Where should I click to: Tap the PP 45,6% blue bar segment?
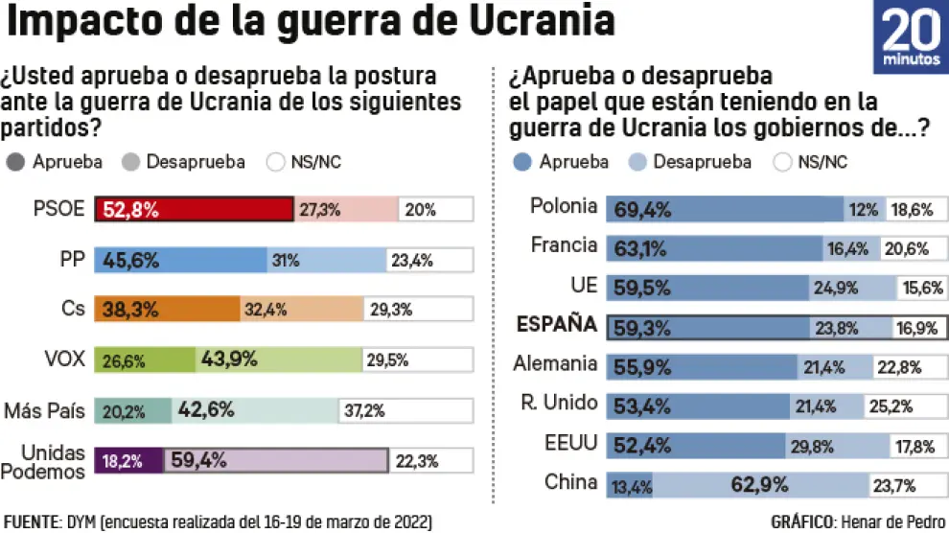180,260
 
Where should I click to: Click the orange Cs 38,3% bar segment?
167,310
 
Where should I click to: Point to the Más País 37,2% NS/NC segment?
406,410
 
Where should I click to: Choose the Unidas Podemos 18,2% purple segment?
128,461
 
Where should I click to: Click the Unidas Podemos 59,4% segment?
276,461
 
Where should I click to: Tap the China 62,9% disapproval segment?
761,483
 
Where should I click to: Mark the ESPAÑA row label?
557,325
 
